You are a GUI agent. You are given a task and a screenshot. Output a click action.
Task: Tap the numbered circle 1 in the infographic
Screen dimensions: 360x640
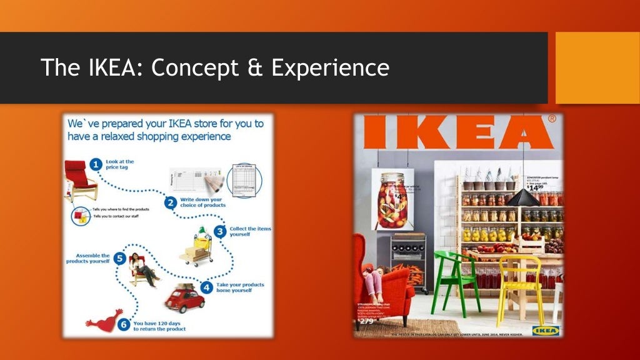point(96,164)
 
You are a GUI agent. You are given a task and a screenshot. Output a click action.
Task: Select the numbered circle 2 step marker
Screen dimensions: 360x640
point(170,202)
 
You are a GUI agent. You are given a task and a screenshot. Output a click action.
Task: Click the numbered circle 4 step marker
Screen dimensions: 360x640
point(207,288)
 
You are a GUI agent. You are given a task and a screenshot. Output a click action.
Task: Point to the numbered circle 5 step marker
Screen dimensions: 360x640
point(119,258)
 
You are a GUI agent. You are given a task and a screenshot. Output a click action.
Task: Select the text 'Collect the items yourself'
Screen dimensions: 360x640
point(249,232)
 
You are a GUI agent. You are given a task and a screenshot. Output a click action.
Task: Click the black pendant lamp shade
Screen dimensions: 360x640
point(522,198)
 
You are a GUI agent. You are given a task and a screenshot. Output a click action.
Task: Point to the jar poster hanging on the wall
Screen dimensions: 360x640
point(392,200)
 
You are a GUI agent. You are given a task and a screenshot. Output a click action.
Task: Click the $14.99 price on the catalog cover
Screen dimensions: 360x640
point(535,187)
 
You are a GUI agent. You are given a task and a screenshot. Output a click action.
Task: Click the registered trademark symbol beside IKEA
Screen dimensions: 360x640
point(552,118)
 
